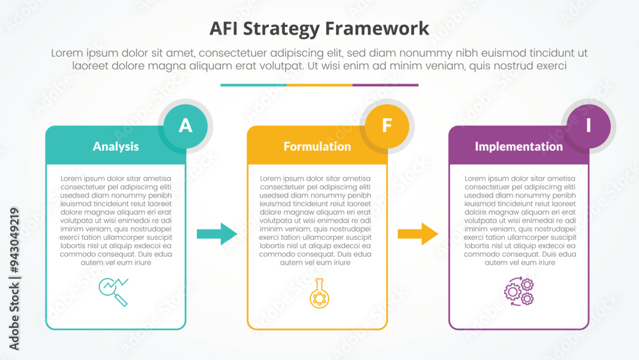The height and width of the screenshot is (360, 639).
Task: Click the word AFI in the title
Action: (x=226, y=29)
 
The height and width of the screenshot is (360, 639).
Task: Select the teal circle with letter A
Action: (x=185, y=125)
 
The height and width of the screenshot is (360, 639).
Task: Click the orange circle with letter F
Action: (x=387, y=125)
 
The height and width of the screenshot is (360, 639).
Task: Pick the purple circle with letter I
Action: (x=589, y=125)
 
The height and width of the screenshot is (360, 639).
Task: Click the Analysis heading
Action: (x=116, y=146)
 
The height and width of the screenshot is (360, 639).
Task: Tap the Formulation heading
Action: (x=317, y=146)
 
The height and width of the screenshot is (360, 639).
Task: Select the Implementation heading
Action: (x=519, y=146)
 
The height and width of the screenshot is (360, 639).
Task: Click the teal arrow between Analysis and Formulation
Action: (x=217, y=234)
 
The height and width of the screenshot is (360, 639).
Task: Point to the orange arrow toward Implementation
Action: (x=419, y=234)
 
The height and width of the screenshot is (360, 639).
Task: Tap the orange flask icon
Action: (x=318, y=293)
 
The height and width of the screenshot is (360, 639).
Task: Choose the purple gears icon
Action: (x=519, y=292)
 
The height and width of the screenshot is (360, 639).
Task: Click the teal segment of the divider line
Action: (x=253, y=84)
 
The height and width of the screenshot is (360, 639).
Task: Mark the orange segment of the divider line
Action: (x=319, y=84)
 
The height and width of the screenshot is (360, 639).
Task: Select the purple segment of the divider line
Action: (x=385, y=84)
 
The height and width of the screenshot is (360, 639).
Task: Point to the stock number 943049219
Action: (x=14, y=240)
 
